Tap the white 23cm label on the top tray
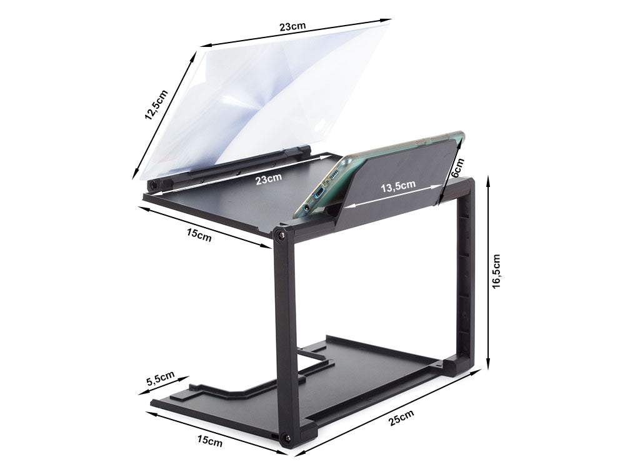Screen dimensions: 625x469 (269, 178)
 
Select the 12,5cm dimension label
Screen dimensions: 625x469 (156, 105)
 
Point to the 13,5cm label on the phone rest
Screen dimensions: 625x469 (397, 186)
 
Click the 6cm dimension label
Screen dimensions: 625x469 (457, 168)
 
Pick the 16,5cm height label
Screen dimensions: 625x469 (497, 271)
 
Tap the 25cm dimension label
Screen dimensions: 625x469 (401, 418)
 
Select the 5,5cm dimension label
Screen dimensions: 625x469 (161, 378)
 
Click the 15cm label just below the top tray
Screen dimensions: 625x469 (199, 235)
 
